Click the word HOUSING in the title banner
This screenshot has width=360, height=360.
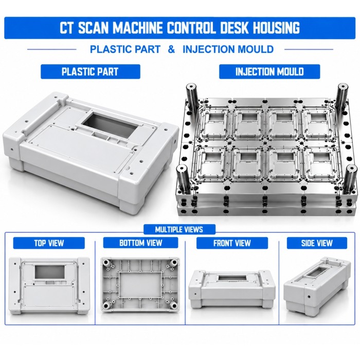click(x=276, y=28)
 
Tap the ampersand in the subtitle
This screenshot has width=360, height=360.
click(x=171, y=49)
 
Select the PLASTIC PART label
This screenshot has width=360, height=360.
click(x=90, y=71)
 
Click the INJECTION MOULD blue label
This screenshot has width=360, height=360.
click(x=269, y=71)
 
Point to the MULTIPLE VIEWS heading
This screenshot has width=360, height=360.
click(x=179, y=229)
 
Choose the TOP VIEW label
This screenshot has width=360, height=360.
click(x=49, y=243)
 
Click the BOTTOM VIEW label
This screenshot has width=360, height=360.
click(x=140, y=243)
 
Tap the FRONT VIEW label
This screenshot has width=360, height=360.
click(x=232, y=243)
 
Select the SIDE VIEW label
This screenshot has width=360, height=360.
click(x=317, y=243)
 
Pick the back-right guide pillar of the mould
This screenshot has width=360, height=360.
click(x=342, y=96)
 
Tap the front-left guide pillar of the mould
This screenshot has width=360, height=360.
click(x=183, y=179)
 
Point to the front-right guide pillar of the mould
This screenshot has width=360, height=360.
click(x=350, y=178)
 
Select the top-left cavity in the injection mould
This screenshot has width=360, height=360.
click(x=213, y=124)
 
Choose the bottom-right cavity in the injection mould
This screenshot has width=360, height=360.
click(x=320, y=164)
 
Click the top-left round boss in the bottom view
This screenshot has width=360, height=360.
click(x=107, y=262)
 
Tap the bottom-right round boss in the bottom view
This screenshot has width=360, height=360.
click(x=174, y=305)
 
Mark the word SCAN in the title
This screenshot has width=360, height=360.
click(x=93, y=28)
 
